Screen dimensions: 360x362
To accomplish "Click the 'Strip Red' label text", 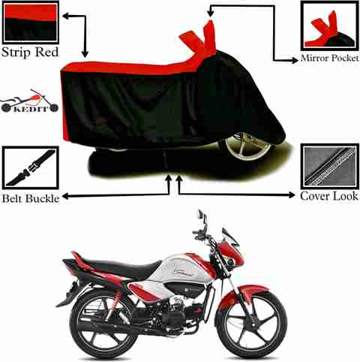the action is coord(30,52).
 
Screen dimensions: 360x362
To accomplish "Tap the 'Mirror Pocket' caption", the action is coord(329,58).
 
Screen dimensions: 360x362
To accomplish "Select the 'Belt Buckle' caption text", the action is coord(31,198).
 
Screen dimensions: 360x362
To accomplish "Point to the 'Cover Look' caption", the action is coord(329,196).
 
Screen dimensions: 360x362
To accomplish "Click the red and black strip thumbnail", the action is coord(31,23).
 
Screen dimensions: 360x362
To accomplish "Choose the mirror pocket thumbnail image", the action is coord(329,26).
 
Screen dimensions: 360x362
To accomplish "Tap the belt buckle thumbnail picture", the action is coord(31,168).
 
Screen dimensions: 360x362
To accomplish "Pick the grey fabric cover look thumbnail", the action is coord(329,166).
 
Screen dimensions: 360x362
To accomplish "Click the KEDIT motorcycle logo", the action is coord(29,101).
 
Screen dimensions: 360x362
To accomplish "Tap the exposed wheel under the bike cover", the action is coord(247,146).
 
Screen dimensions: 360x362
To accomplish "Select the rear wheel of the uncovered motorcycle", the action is coord(103,324).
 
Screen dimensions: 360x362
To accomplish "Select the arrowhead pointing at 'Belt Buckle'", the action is coord(65,197).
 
